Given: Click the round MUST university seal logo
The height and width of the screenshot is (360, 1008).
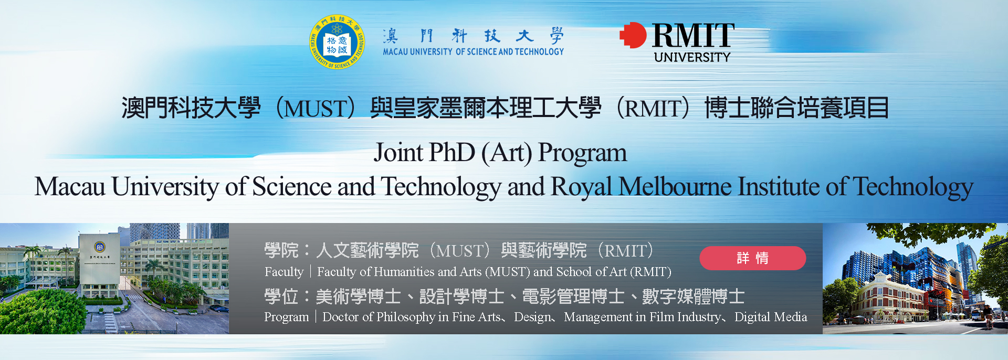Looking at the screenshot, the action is [337, 42].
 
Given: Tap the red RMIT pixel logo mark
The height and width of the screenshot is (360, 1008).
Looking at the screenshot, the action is [633, 35].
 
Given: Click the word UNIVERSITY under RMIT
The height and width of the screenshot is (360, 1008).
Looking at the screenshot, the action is [692, 57].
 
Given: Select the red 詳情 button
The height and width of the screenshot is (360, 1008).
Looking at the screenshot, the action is [752, 258].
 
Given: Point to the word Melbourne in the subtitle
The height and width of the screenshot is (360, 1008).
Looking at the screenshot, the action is [675, 187].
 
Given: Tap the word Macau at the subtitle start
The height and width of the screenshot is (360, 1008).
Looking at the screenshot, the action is [70, 187].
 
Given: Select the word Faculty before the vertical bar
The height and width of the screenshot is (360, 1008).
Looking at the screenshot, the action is [284, 272].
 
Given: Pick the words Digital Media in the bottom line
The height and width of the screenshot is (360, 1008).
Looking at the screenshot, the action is [771, 317].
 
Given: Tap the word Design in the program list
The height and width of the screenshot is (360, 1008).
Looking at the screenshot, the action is [531, 317].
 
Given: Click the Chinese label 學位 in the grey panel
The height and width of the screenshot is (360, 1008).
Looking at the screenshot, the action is [281, 297].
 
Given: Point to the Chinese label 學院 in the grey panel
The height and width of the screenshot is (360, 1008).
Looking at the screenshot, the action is [281, 250].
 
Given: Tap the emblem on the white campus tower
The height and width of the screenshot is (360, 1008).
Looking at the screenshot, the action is [99, 247].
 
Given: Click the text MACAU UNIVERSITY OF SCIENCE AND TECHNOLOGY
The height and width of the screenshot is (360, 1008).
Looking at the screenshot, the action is [473, 51].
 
